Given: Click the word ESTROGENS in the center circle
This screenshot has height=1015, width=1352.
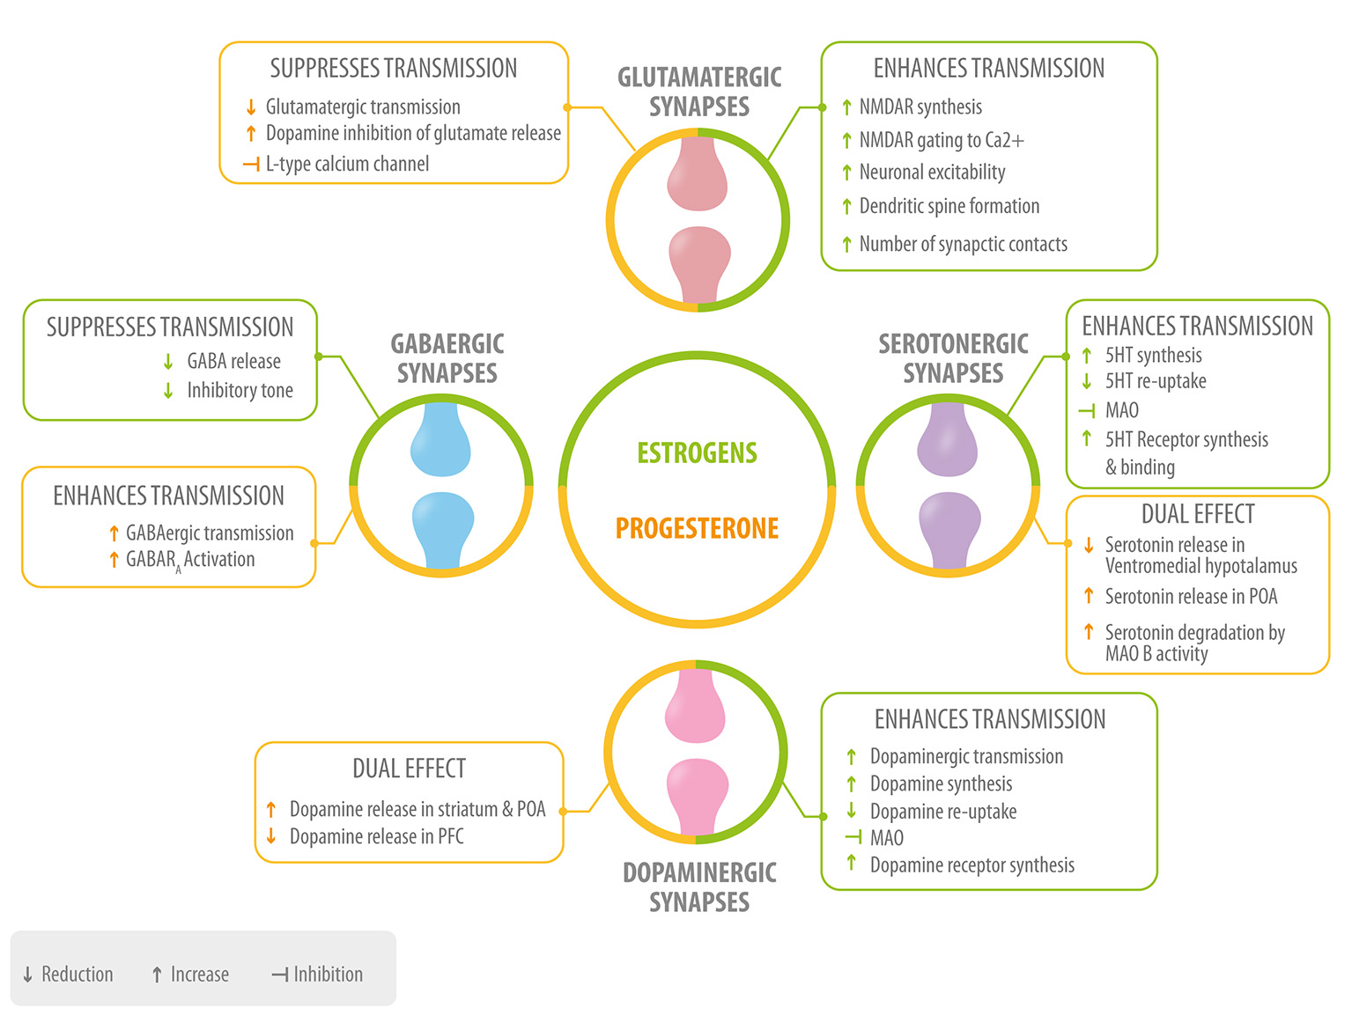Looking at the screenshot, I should tap(697, 453).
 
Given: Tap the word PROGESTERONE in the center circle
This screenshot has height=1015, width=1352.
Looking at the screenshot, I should tap(697, 528).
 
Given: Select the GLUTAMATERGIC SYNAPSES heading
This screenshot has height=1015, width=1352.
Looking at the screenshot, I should tap(699, 92).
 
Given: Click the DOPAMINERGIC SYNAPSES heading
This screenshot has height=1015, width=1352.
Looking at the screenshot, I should tap(699, 887).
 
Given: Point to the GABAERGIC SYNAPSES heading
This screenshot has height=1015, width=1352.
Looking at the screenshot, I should tap(447, 358).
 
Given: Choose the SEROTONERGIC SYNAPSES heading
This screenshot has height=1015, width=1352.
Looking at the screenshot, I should tap(953, 358).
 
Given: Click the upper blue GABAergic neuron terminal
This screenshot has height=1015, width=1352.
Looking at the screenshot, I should tap(440, 440).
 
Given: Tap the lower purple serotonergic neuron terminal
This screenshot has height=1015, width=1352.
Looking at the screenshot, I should tap(949, 528).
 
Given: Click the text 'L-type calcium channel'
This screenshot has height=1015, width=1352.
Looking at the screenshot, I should tap(347, 164).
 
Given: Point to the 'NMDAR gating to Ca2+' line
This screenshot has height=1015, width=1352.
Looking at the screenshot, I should tap(941, 141).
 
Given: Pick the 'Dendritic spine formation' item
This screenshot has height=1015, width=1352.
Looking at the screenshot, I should tap(949, 207).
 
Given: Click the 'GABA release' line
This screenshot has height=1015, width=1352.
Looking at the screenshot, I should tap(233, 362).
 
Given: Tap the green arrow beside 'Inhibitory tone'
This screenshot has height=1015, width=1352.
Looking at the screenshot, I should tap(168, 391).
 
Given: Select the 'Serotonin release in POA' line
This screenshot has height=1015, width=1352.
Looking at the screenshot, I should tap(1191, 597).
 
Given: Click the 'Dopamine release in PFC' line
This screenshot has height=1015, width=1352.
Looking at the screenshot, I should tap(376, 836).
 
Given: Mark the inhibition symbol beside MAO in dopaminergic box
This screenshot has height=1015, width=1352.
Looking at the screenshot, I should tap(853, 838).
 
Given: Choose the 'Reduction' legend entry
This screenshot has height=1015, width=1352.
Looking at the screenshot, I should tap(69, 975).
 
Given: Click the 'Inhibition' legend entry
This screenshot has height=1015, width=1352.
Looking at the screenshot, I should tap(318, 975).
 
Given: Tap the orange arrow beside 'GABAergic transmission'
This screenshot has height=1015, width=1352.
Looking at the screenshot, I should tap(114, 533).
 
